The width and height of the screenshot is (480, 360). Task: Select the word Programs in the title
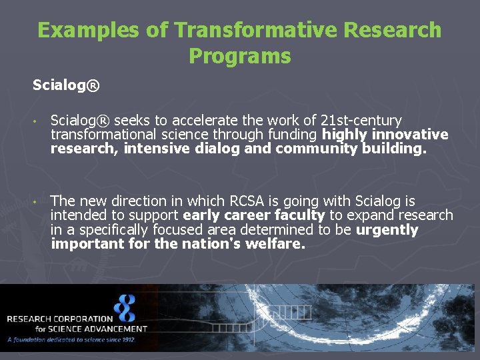[240, 56]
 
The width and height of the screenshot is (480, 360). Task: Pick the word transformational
[98, 135]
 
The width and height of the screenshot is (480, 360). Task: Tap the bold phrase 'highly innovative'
[385, 135]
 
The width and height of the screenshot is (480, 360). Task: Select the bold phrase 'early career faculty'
[253, 215]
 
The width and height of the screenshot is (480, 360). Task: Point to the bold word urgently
[387, 230]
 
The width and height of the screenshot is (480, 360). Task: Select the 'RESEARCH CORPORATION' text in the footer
[60, 319]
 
